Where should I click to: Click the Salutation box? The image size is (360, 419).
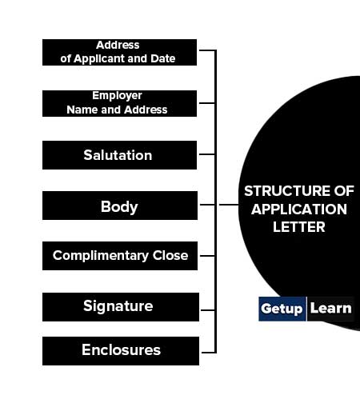119,155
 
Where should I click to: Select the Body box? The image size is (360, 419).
120,206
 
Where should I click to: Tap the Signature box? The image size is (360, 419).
121,307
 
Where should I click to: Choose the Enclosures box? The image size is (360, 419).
121,351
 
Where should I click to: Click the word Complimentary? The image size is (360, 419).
101,256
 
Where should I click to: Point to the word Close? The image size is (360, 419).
170,255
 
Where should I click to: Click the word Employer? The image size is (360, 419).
117,96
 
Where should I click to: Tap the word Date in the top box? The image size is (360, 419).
162,58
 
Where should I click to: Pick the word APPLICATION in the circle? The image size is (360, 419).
299,209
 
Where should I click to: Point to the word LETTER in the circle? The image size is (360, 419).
299,227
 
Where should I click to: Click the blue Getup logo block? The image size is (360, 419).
282,309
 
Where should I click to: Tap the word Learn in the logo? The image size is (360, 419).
330,309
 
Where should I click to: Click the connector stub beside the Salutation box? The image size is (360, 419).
207,154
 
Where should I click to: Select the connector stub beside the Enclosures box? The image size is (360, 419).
209,353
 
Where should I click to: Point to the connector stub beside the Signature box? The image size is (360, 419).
208,310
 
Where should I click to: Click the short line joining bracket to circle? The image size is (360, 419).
229,205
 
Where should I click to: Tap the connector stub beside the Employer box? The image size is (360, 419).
207,103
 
